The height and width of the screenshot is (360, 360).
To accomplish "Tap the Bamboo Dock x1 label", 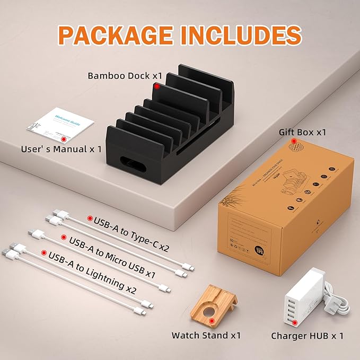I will [x=125, y=76].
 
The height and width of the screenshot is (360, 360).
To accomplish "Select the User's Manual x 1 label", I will [x=61, y=150].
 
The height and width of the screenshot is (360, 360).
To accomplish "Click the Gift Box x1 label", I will [x=303, y=132].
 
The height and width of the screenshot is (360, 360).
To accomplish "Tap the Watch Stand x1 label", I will [x=206, y=335].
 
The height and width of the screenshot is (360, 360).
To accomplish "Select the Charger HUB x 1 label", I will [x=307, y=335].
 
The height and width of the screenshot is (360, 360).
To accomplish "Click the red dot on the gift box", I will [x=294, y=142].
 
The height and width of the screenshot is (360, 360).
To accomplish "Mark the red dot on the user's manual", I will [x=64, y=139].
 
